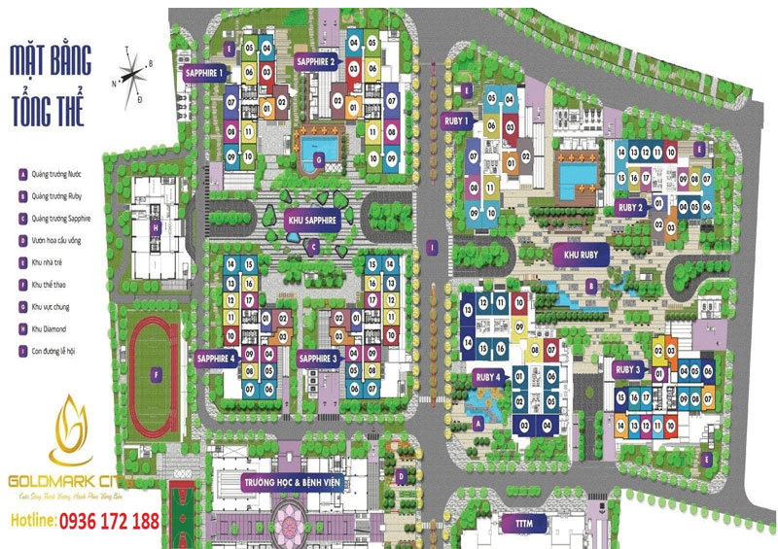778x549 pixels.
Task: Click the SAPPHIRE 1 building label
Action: coord(205,72)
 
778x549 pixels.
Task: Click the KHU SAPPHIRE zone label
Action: coord(310,221)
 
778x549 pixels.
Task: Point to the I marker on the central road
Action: coord(429,247)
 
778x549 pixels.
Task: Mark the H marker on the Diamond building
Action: coord(155,227)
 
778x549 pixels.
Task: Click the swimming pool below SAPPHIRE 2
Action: coord(314,155)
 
